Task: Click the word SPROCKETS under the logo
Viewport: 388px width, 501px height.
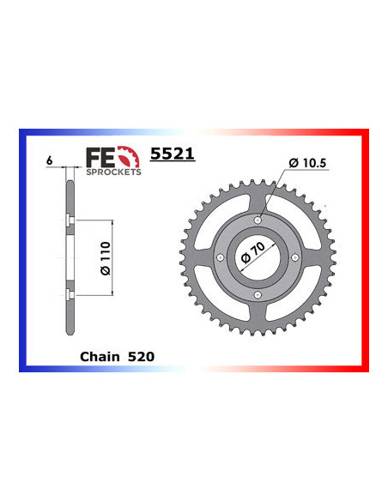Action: point(112,172)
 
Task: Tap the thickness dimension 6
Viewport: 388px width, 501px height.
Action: point(52,160)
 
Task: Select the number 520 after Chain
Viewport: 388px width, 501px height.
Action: point(139,353)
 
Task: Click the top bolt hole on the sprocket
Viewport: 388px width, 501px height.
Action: point(258,220)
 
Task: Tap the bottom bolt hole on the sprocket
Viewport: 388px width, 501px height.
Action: point(258,295)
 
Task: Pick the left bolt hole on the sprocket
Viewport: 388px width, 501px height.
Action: point(221,258)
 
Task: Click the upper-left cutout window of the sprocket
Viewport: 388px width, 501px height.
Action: point(225,225)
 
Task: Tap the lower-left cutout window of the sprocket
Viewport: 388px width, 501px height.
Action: point(225,292)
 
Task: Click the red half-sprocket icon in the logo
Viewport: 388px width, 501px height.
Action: point(126,156)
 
